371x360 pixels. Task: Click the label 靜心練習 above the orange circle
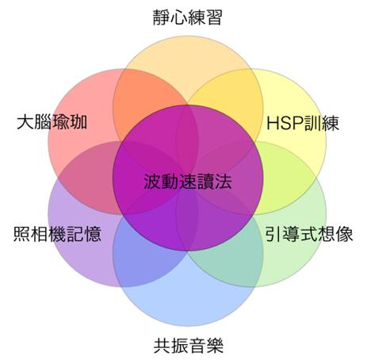coord(187,17)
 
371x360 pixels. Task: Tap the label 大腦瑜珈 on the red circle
coord(52,122)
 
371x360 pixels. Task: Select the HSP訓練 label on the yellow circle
coord(303,123)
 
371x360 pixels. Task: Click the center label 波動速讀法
coord(188,182)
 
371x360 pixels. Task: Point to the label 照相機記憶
coord(57,234)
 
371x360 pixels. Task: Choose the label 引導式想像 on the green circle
coord(309,234)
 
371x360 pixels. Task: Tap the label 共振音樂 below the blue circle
coord(189,346)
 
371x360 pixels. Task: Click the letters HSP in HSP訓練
coord(285,124)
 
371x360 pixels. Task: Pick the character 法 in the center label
coord(224,182)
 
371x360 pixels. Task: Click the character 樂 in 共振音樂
coord(215,346)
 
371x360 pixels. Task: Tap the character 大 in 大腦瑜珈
coord(25,122)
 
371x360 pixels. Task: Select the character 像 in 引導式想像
coord(344,234)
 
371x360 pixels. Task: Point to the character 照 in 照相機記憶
coord(22,234)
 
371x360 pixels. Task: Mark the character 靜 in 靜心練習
coord(162,17)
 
